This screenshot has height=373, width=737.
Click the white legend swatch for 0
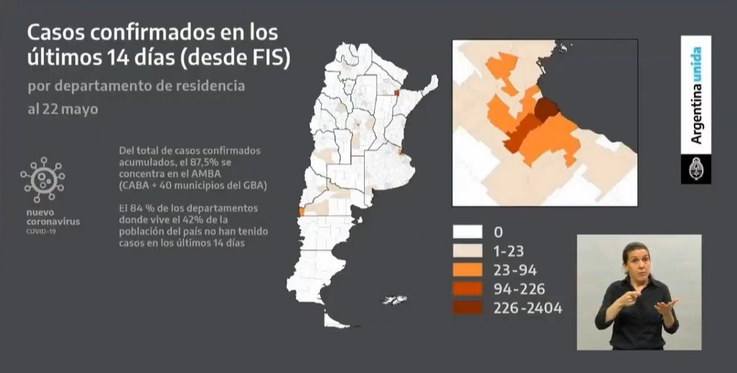[x=467, y=231]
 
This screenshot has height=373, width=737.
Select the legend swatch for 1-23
[x=467, y=250]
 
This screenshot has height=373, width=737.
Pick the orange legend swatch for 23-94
[x=467, y=269]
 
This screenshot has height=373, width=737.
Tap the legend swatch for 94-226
[x=467, y=288]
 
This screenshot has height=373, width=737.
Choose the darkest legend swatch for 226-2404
[x=467, y=307]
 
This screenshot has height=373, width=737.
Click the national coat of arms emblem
[x=696, y=169]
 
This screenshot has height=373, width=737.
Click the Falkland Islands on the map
[x=393, y=300]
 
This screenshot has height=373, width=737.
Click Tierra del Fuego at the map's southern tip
[x=335, y=320]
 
